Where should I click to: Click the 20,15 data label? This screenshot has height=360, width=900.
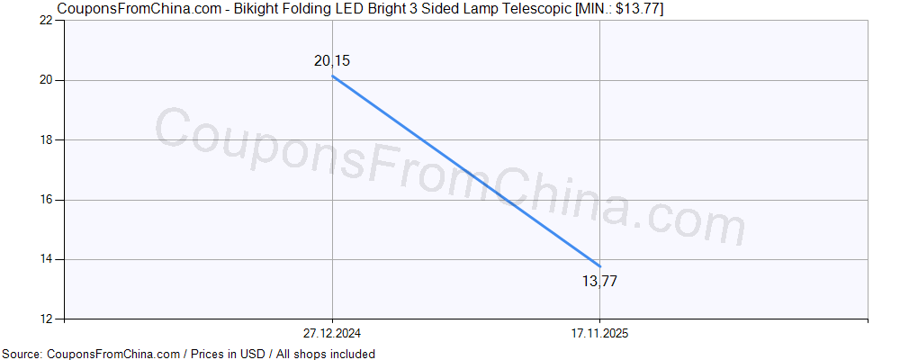(332, 61)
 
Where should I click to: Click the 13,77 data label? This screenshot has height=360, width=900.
(599, 281)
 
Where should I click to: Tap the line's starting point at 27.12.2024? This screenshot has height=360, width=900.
(333, 76)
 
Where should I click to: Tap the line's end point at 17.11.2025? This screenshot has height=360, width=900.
(600, 265)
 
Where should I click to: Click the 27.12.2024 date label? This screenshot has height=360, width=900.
(333, 333)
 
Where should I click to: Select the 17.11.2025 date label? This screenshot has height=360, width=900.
(600, 333)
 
